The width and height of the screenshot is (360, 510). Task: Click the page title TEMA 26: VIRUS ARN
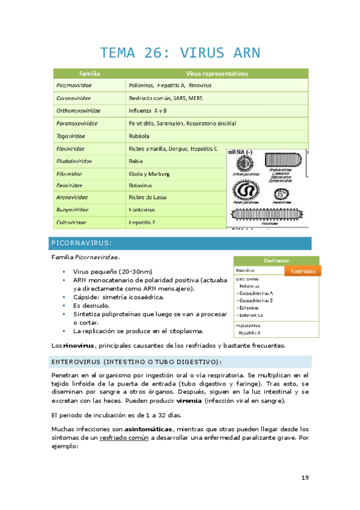click(x=180, y=53)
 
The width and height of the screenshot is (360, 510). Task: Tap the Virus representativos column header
click(x=216, y=73)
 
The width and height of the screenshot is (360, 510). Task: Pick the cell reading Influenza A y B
click(x=148, y=111)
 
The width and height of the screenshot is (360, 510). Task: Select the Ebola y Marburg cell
click(x=150, y=174)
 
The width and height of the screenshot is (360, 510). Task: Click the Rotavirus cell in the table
click(x=142, y=186)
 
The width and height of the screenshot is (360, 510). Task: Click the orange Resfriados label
click(x=303, y=271)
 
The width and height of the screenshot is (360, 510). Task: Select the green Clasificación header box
click(x=276, y=260)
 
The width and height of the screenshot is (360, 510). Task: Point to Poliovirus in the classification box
click(x=252, y=287)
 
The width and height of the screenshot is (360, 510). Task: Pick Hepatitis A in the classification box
click(x=251, y=332)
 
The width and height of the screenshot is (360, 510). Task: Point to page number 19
click(x=305, y=478)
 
